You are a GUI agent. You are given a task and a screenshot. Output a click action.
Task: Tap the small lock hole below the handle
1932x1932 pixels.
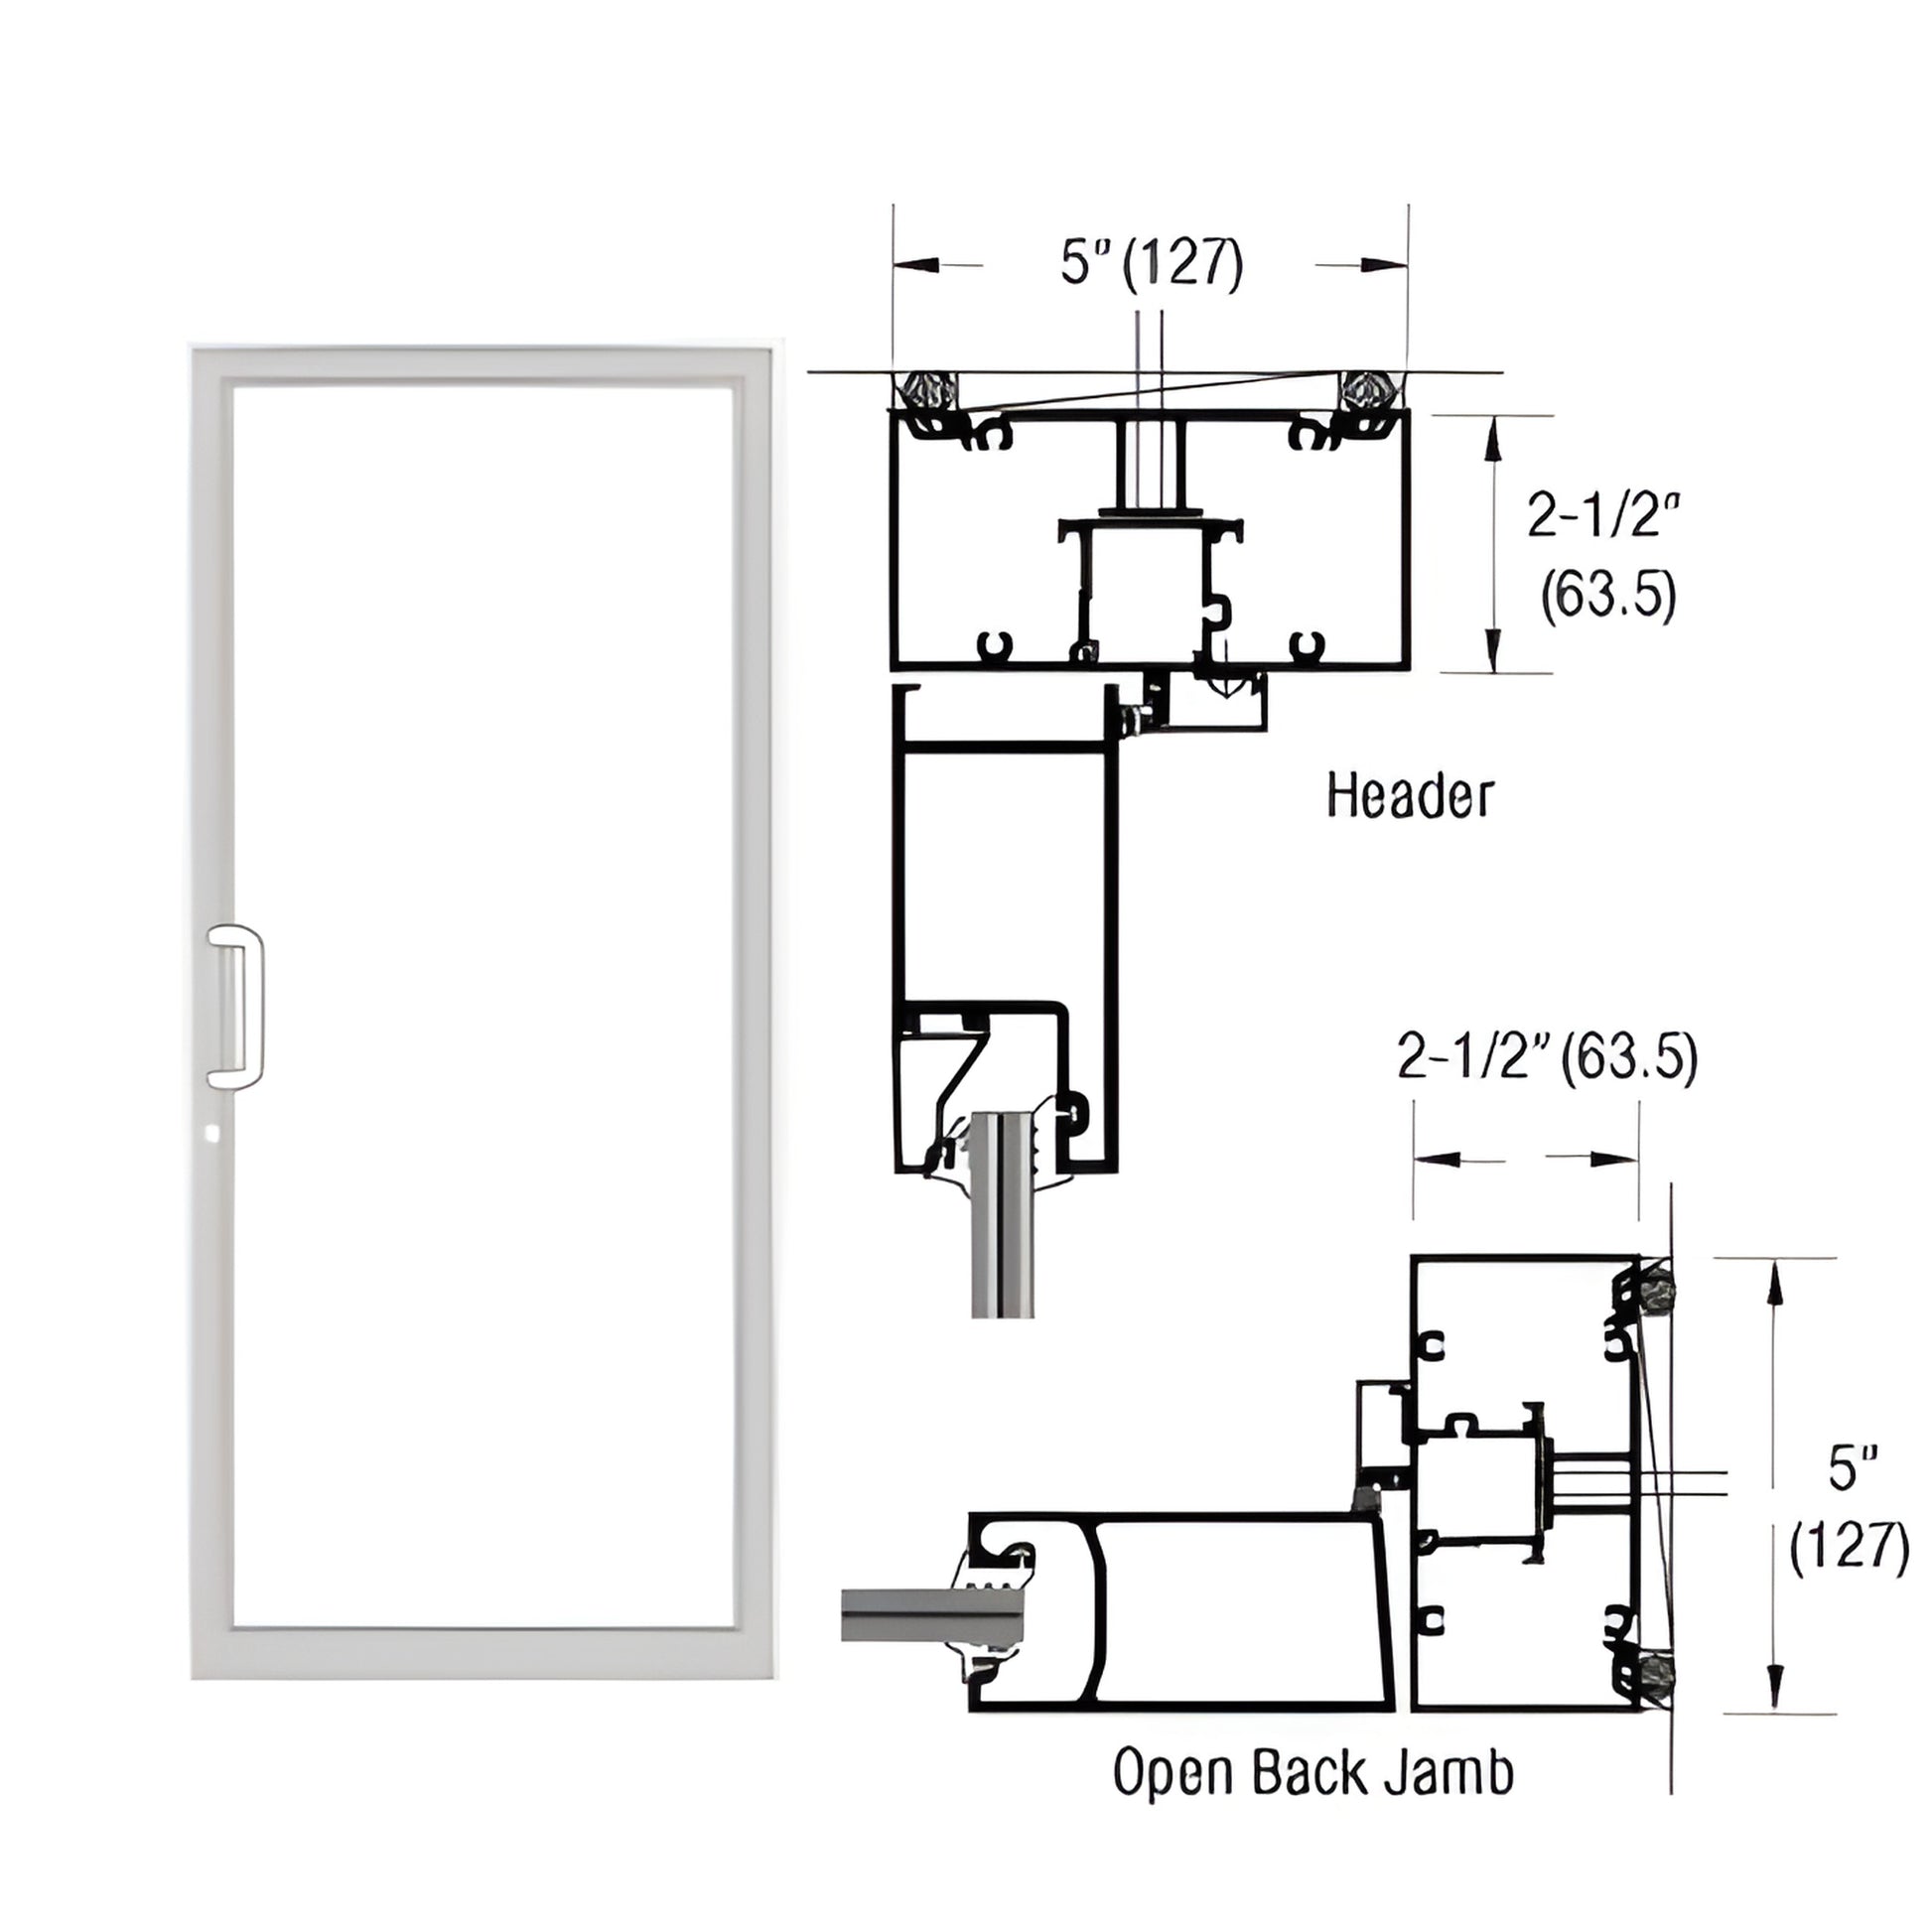click(209, 1134)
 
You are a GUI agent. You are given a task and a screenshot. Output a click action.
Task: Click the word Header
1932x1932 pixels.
click(1409, 797)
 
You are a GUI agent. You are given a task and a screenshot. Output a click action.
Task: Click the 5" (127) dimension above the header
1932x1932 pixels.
click(1151, 264)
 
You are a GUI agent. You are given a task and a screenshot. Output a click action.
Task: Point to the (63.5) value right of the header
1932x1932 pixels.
click(1607, 597)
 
